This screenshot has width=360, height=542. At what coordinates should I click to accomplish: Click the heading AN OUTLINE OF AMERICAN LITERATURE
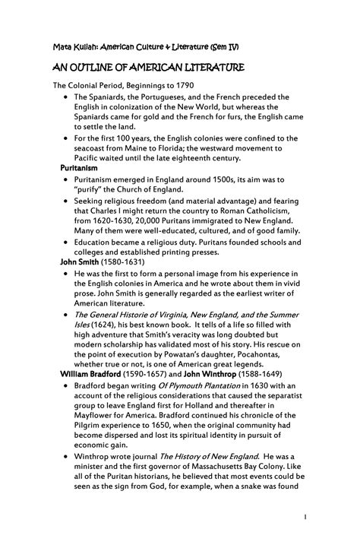(148, 69)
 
